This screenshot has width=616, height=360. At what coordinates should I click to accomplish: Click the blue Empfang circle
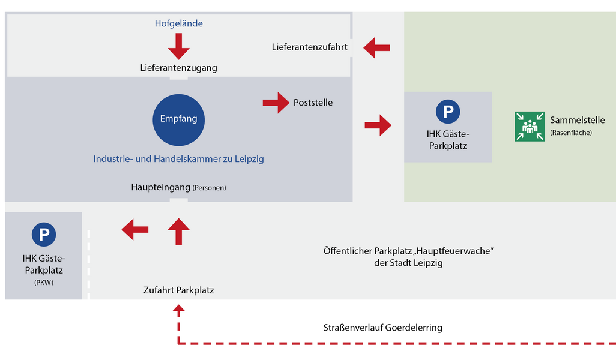coord(178,119)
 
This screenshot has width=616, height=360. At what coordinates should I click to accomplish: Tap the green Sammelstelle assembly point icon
coord(530,127)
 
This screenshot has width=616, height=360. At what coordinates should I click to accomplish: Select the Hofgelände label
coord(178,24)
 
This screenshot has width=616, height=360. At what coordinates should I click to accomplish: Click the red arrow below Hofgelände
coord(178,46)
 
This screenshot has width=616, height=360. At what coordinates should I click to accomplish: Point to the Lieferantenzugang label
coord(178,68)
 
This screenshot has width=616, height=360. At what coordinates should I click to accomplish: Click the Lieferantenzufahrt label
coord(309,47)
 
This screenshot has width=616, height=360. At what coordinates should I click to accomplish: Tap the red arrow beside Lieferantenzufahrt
coord(377,47)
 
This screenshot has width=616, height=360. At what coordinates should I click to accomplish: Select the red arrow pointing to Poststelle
coord(276,103)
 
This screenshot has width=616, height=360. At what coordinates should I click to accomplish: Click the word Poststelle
coord(313,103)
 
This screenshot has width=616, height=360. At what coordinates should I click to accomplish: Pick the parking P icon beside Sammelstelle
coord(447,112)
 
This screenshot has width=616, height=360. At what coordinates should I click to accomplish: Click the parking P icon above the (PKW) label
coord(43,234)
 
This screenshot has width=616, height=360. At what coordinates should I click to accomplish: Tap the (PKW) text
coord(43,282)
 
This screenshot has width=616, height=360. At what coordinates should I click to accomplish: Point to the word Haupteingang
coord(160,187)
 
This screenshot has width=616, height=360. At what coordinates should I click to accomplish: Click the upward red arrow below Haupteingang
coord(178,231)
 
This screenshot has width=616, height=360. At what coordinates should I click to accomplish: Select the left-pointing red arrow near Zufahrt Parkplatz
coord(135,229)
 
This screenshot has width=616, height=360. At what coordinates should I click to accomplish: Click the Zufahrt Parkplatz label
coord(178,290)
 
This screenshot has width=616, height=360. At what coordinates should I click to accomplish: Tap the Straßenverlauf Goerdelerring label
coord(382,328)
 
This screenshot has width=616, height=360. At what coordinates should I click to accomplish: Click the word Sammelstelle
coord(578,120)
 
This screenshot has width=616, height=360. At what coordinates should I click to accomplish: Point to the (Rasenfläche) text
coord(571,133)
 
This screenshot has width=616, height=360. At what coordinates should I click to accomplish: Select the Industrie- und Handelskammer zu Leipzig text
coord(178,159)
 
